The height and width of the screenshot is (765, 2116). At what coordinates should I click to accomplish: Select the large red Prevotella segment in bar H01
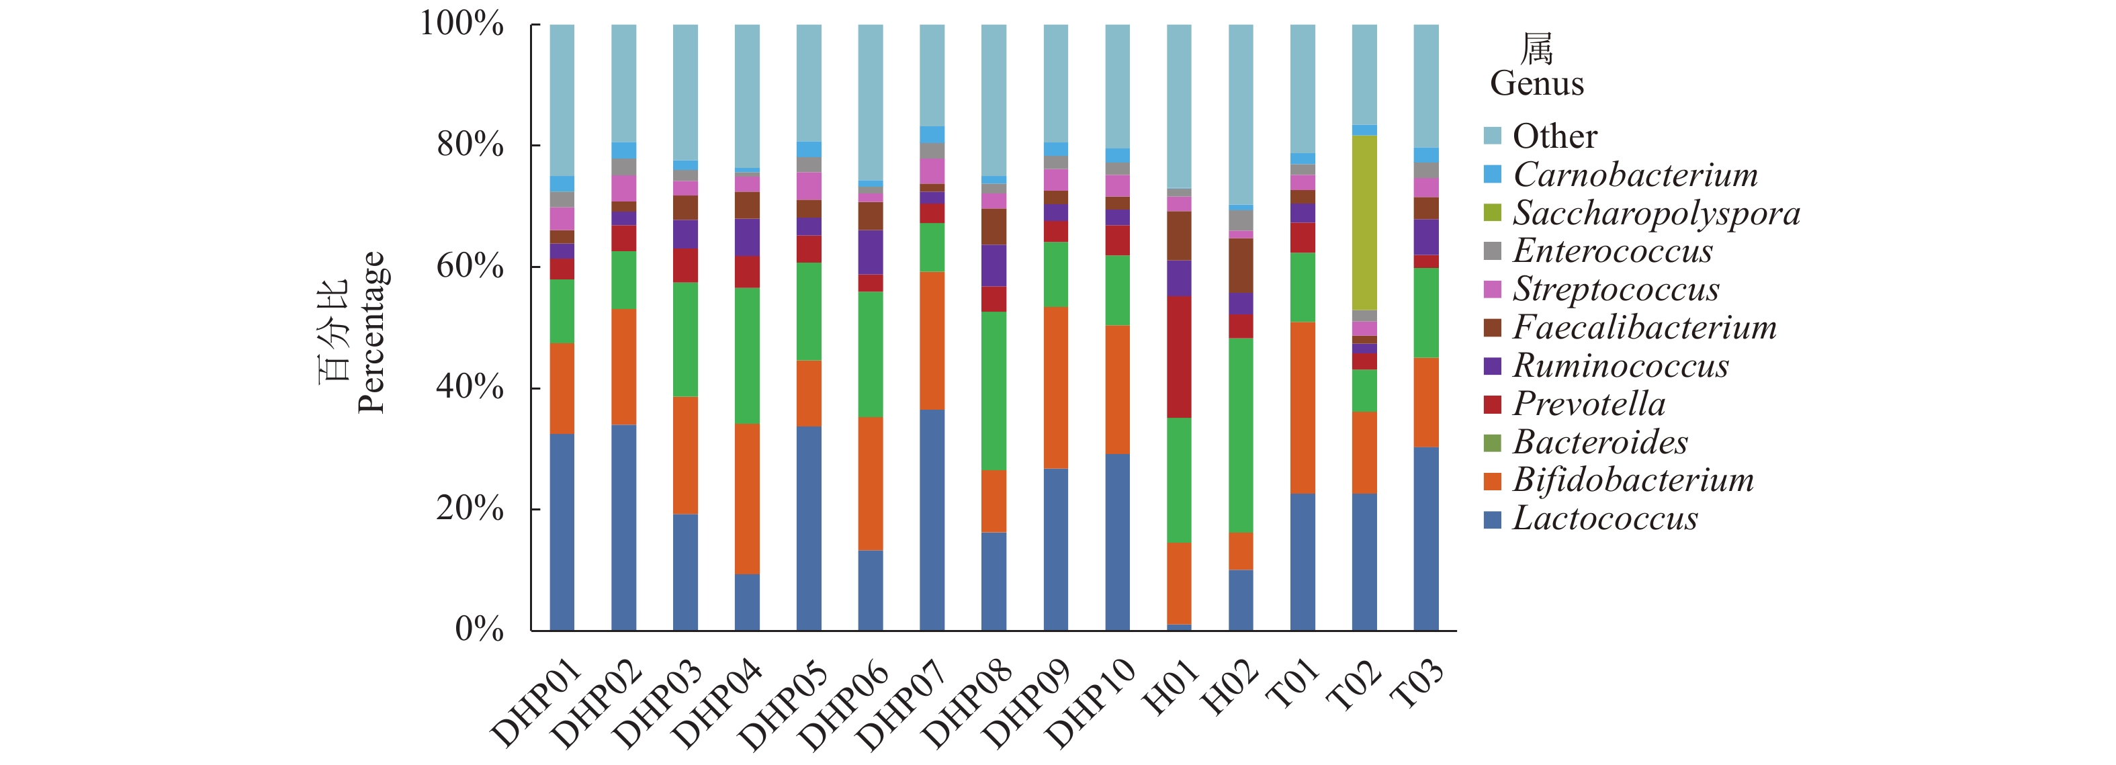point(1179,357)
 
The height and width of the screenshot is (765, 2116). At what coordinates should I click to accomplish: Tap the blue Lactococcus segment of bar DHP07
point(932,519)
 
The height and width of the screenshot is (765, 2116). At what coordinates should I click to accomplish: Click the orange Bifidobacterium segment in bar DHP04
point(747,499)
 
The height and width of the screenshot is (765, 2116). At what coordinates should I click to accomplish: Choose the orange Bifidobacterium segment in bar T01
point(1302,408)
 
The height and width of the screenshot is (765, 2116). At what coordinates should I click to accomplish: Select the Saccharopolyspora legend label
point(1656,213)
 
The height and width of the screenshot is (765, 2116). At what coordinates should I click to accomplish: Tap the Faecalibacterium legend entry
point(1644,327)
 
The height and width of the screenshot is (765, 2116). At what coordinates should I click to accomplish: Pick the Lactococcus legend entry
point(1605,519)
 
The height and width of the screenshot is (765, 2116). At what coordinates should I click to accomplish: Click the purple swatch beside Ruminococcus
point(1493,365)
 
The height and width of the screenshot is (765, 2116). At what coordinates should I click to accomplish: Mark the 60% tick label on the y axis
point(469,266)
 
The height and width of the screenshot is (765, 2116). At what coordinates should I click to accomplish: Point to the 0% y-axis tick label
point(479,629)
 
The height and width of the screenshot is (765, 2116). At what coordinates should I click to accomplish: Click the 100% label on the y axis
point(461,24)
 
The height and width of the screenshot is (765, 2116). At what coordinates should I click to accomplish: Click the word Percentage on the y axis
point(371,331)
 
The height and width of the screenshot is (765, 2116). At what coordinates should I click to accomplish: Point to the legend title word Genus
point(1536,84)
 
